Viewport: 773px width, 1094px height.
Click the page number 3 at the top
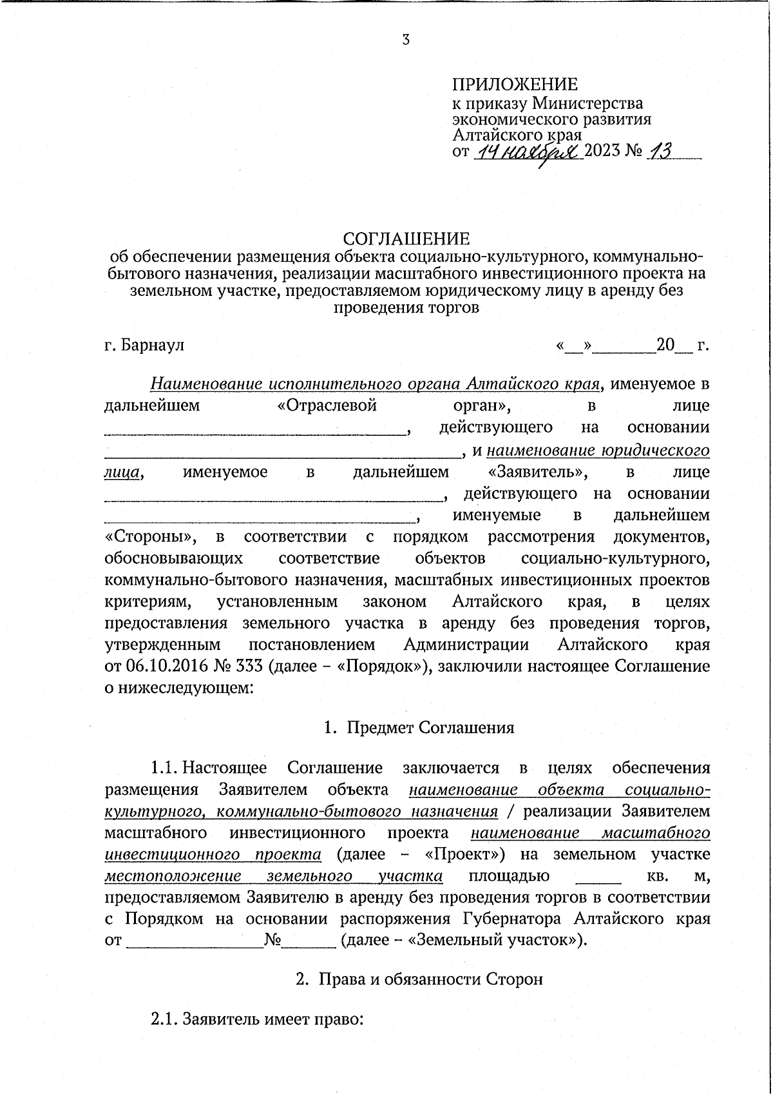(405, 39)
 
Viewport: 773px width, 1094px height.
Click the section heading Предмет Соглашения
(430, 727)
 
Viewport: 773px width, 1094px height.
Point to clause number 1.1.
(164, 768)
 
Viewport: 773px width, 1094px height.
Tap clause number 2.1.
(164, 1019)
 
